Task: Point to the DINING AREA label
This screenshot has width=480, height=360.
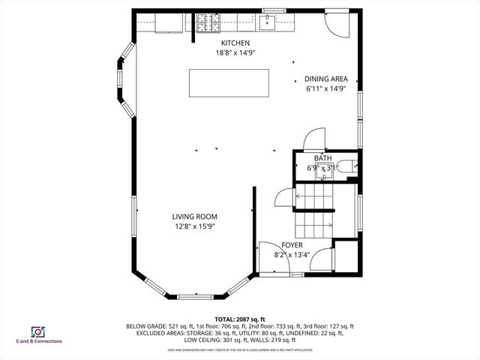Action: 325,78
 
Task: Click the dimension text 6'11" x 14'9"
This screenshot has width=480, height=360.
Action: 325,88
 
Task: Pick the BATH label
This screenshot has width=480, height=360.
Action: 322,158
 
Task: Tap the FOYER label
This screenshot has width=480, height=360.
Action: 292,245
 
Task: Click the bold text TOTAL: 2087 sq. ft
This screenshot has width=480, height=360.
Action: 240,319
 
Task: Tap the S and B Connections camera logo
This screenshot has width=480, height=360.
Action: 37,331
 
